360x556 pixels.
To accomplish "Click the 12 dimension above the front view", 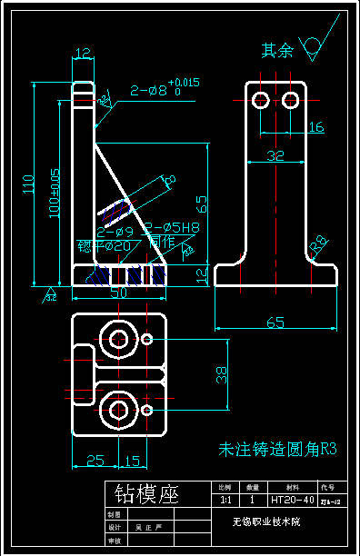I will click(x=83, y=54).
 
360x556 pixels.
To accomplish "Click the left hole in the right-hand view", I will click(x=261, y=98).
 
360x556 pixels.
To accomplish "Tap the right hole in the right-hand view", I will click(x=291, y=98).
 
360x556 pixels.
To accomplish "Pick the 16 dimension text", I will click(x=315, y=127).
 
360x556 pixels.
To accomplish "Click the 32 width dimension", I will click(x=275, y=155).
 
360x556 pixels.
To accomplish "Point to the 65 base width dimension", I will click(x=276, y=321).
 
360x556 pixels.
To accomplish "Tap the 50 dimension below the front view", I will click(x=118, y=293).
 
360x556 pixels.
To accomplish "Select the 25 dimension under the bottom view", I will click(x=95, y=460).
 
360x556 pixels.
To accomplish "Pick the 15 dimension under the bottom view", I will click(x=133, y=460).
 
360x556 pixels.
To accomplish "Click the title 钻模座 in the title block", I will click(x=145, y=494).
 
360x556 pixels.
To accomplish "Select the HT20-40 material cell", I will click(x=292, y=500).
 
